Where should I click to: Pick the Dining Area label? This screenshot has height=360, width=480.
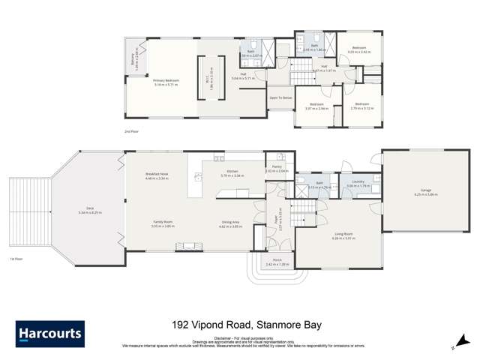coord(230,224)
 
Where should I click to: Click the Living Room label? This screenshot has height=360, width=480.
coord(343,239)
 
